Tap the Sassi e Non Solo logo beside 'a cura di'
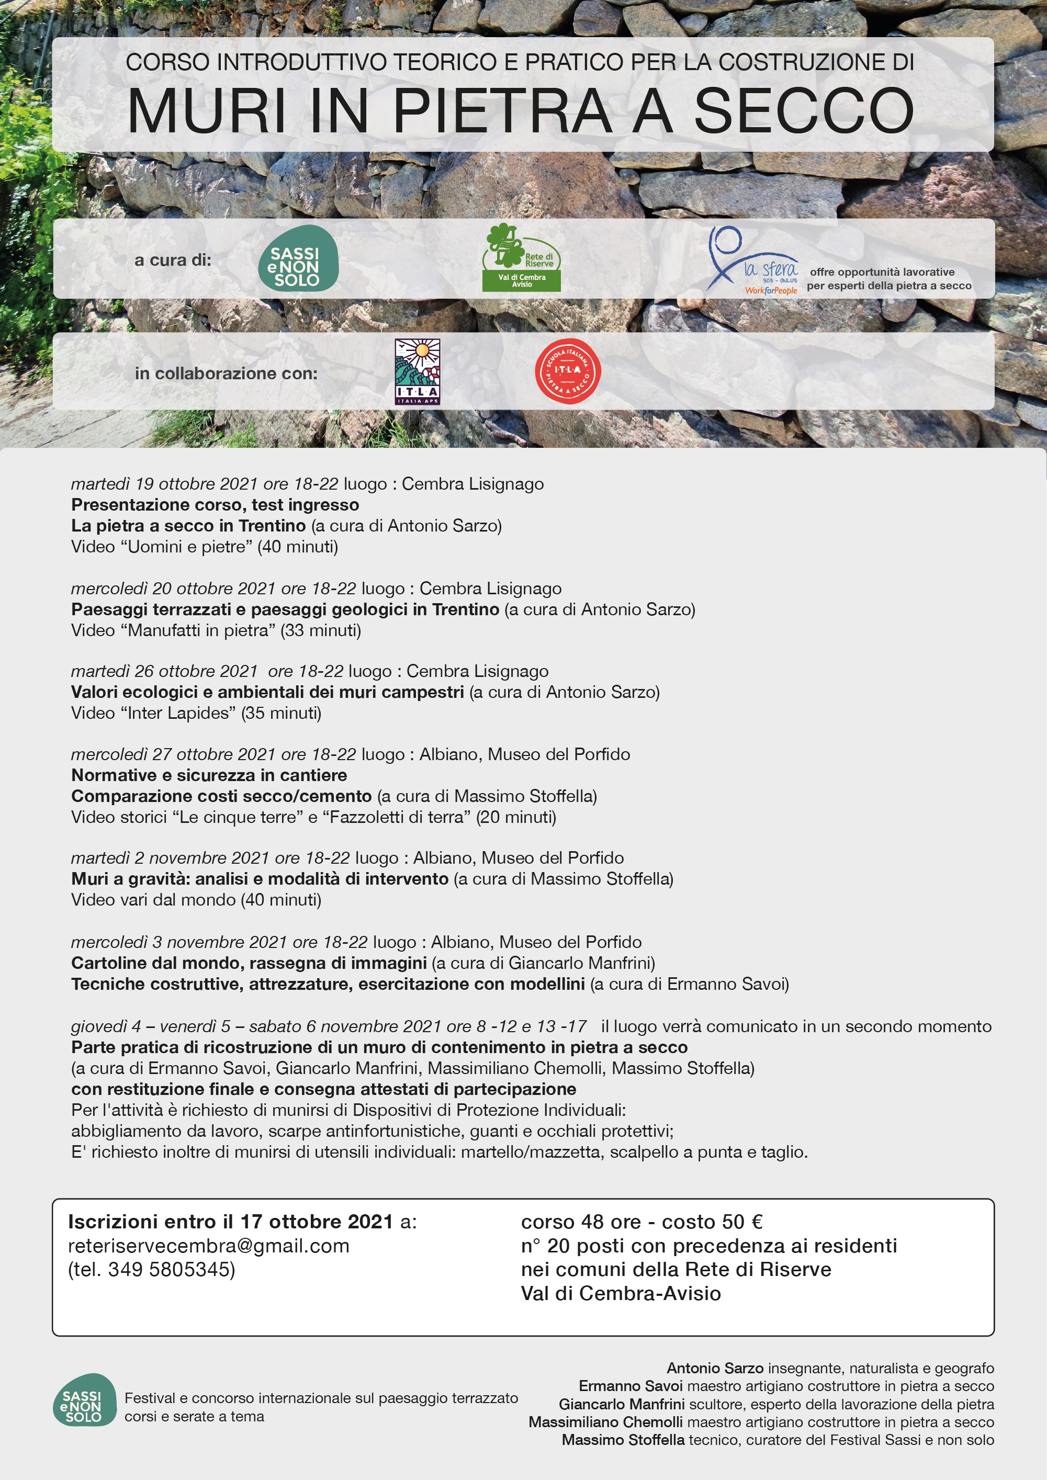(298, 258)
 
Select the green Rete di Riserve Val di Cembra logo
(521, 258)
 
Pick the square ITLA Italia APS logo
(417, 372)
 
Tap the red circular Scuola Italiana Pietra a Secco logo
(567, 371)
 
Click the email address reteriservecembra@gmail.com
(208, 1246)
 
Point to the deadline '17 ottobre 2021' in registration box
(316, 1222)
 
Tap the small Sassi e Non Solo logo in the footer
(84, 1400)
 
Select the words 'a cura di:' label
(172, 260)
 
